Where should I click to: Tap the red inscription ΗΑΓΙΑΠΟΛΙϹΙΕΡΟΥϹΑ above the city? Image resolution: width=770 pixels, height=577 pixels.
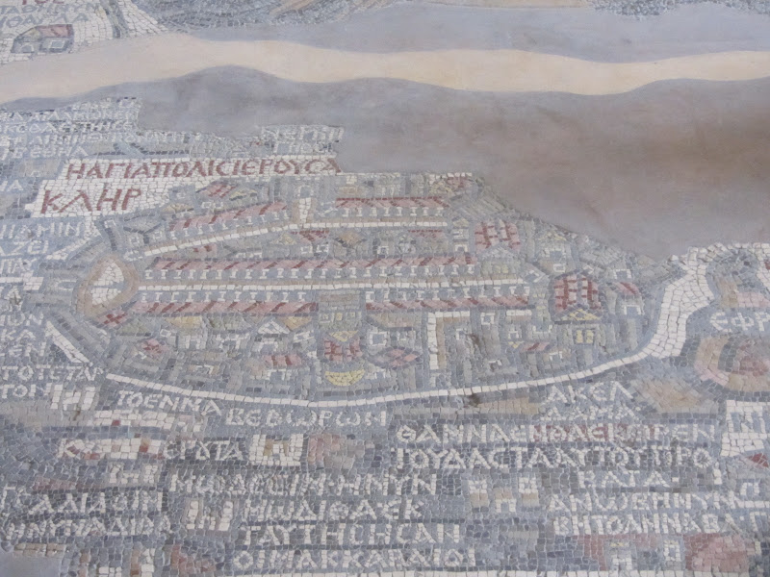tap(201, 168)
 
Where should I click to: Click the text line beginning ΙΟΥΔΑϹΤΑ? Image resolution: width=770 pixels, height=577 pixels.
tap(558, 455)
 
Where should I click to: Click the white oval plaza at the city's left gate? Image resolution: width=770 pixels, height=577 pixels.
tap(108, 280)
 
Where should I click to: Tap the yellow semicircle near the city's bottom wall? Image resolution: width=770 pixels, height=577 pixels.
tap(344, 377)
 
